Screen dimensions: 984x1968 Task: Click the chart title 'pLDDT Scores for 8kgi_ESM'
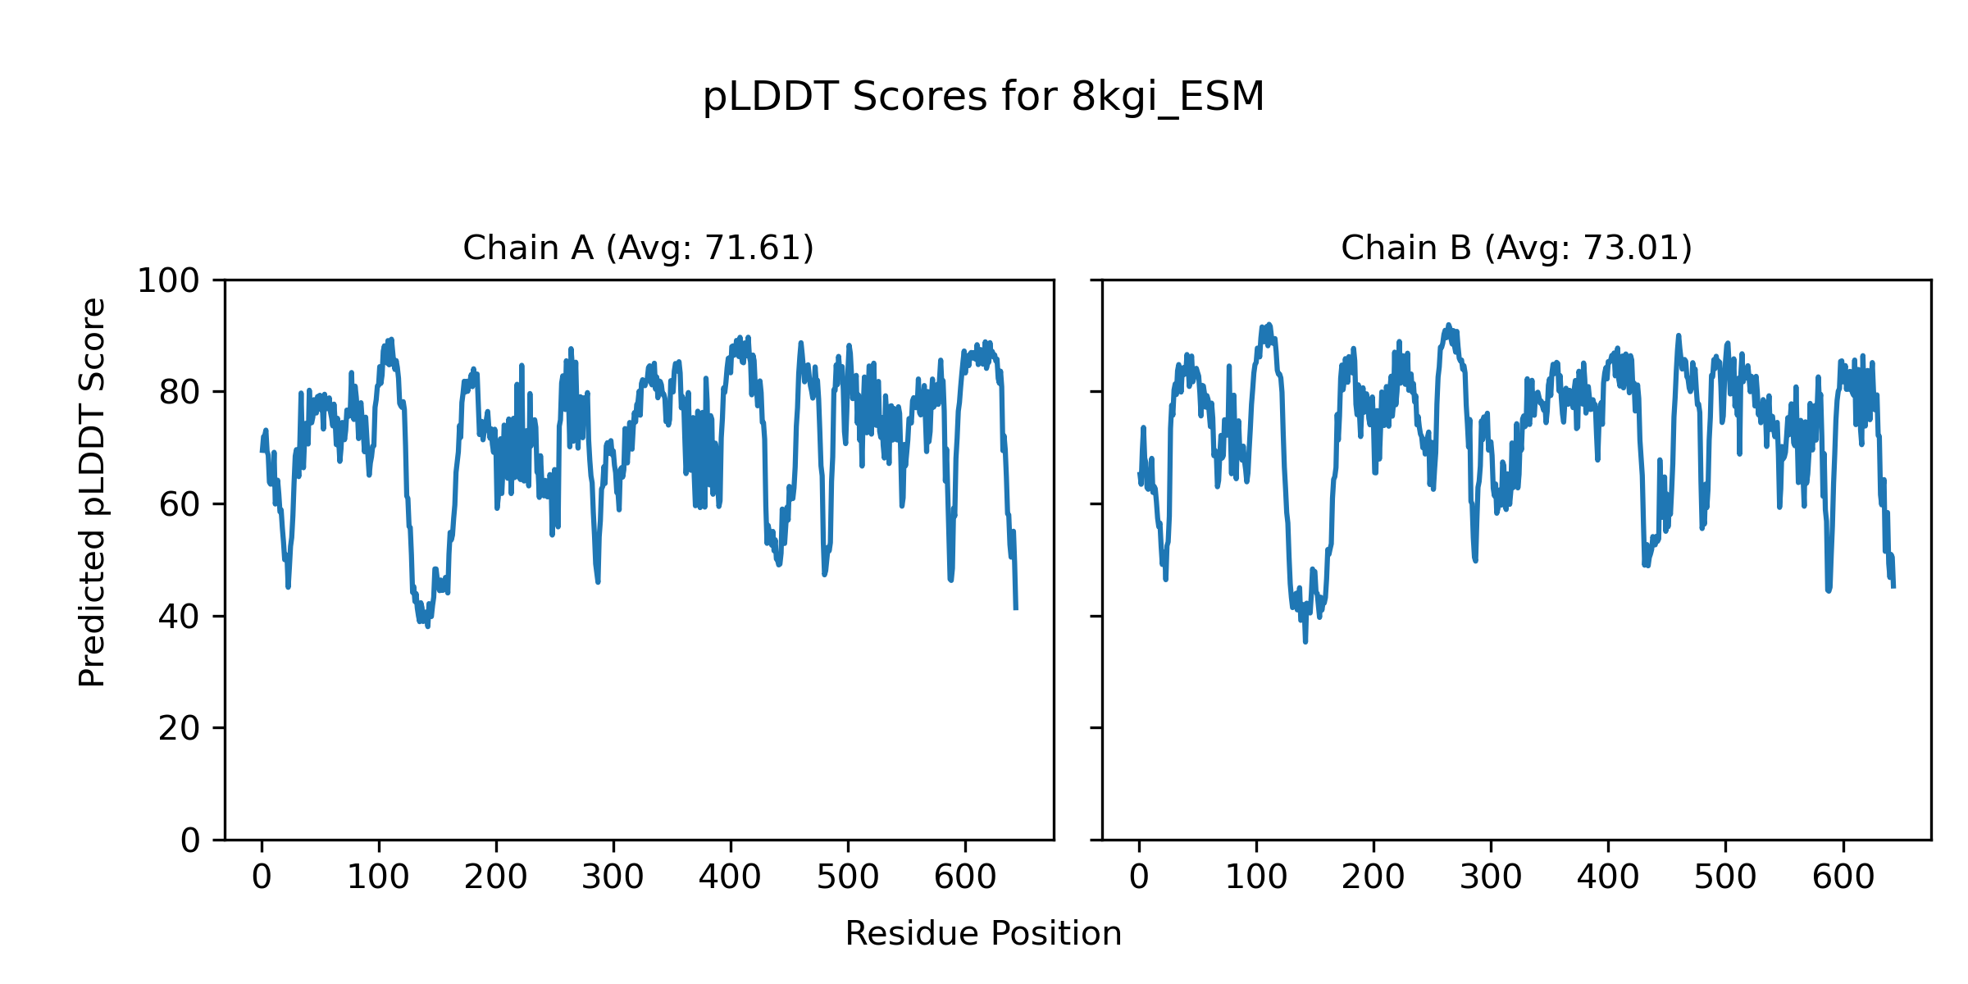point(983,98)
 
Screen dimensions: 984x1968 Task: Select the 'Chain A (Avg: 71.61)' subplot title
point(638,248)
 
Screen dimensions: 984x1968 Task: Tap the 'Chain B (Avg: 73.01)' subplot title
point(1516,248)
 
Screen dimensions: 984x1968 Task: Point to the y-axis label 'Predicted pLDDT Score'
point(93,492)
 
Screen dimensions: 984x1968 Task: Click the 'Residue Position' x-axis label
point(983,934)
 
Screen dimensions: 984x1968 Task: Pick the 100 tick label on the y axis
point(168,281)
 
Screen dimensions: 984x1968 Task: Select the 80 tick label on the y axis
point(180,393)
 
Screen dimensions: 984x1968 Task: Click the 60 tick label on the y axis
point(180,505)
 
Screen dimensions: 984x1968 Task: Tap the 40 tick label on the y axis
point(180,617)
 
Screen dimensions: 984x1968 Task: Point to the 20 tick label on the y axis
point(180,728)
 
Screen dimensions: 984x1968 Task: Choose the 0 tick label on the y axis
point(190,840)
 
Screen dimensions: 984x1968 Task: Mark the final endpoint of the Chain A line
point(1016,608)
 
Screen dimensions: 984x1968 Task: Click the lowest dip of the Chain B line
point(1305,641)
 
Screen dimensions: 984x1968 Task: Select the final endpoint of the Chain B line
point(1893,586)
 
